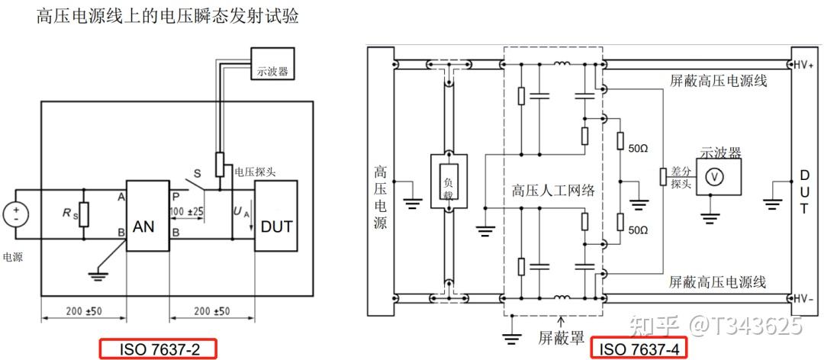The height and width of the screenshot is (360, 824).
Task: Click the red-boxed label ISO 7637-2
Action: (x=158, y=349)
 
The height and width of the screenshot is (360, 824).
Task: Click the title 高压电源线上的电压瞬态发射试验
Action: (x=168, y=17)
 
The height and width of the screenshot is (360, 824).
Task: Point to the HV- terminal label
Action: (x=804, y=298)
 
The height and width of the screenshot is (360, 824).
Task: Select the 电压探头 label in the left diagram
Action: (x=255, y=171)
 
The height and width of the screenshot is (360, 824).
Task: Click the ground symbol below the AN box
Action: (x=95, y=274)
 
